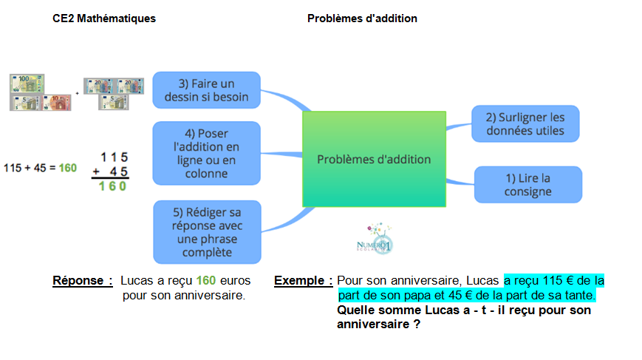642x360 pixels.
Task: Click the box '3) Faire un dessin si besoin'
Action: click(x=206, y=90)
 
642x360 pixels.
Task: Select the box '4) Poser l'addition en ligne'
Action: click(x=206, y=153)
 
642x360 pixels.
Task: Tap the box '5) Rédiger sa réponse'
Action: click(x=206, y=231)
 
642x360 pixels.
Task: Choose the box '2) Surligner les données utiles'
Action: click(x=525, y=124)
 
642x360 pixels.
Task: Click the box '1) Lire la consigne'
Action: click(x=527, y=185)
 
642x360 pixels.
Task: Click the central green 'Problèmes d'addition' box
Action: click(x=374, y=159)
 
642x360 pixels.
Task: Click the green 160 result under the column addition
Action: click(x=113, y=186)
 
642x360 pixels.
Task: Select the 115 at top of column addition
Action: click(x=115, y=157)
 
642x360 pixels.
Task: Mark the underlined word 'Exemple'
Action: click(x=303, y=281)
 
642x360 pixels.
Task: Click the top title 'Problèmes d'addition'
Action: click(x=362, y=18)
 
